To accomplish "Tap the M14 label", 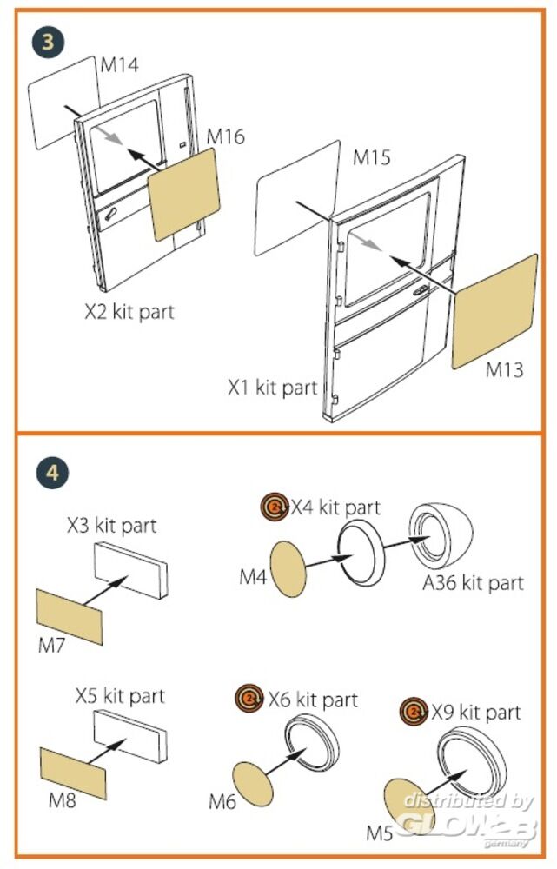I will click(x=120, y=65).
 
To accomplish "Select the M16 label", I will click(x=225, y=136).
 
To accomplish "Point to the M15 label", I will click(x=372, y=158).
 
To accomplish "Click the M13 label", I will click(x=505, y=371).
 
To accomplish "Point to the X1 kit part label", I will click(x=273, y=388).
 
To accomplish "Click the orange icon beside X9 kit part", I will click(x=414, y=713).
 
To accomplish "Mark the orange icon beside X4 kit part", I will click(x=275, y=507).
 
